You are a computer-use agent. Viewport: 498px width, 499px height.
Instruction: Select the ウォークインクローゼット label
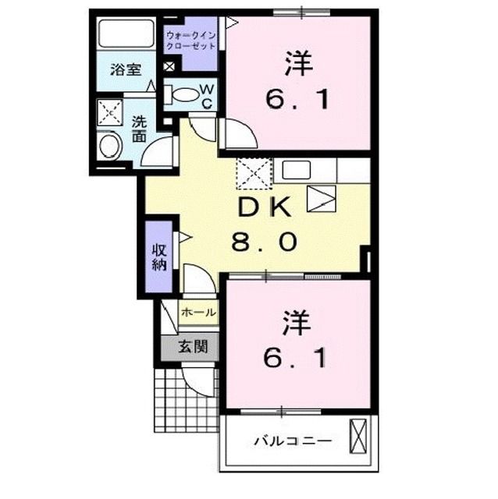pos(190,40)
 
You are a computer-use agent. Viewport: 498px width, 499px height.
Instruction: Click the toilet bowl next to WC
pos(185,95)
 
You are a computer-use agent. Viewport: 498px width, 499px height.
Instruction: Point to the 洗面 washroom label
pos(139,129)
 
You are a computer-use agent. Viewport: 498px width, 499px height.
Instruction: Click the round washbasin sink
pos(111,146)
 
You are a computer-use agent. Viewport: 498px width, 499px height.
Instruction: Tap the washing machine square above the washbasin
pos(111,113)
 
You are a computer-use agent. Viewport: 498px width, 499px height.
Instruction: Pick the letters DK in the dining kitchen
pos(263,209)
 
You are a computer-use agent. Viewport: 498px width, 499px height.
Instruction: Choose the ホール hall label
pos(198,312)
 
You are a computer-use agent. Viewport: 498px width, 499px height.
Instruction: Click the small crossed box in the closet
pos(169,66)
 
